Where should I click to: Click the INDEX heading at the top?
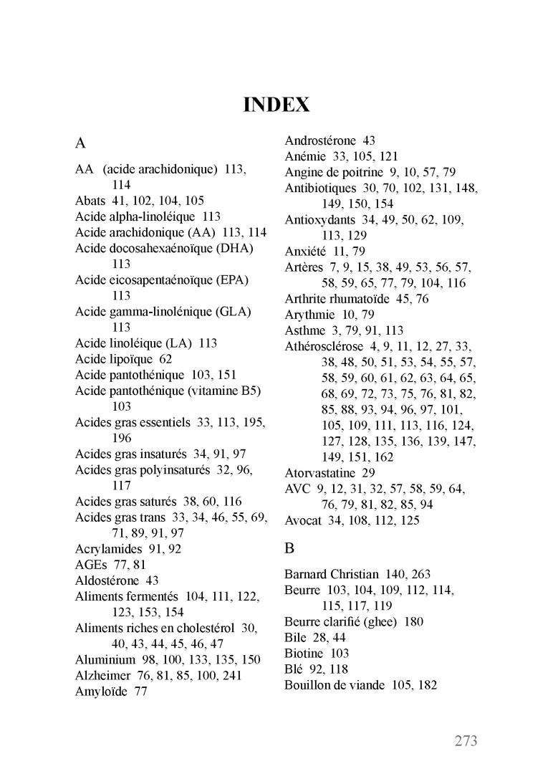point(276,105)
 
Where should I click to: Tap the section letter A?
point(81,143)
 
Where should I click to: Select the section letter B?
point(289,549)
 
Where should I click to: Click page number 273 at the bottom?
point(466,741)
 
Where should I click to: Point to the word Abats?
point(90,201)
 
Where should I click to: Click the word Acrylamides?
point(103,549)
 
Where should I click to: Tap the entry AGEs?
point(90,565)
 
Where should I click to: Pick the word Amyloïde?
point(101,692)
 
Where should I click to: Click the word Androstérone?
point(319,140)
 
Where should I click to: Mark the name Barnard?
point(306,575)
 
